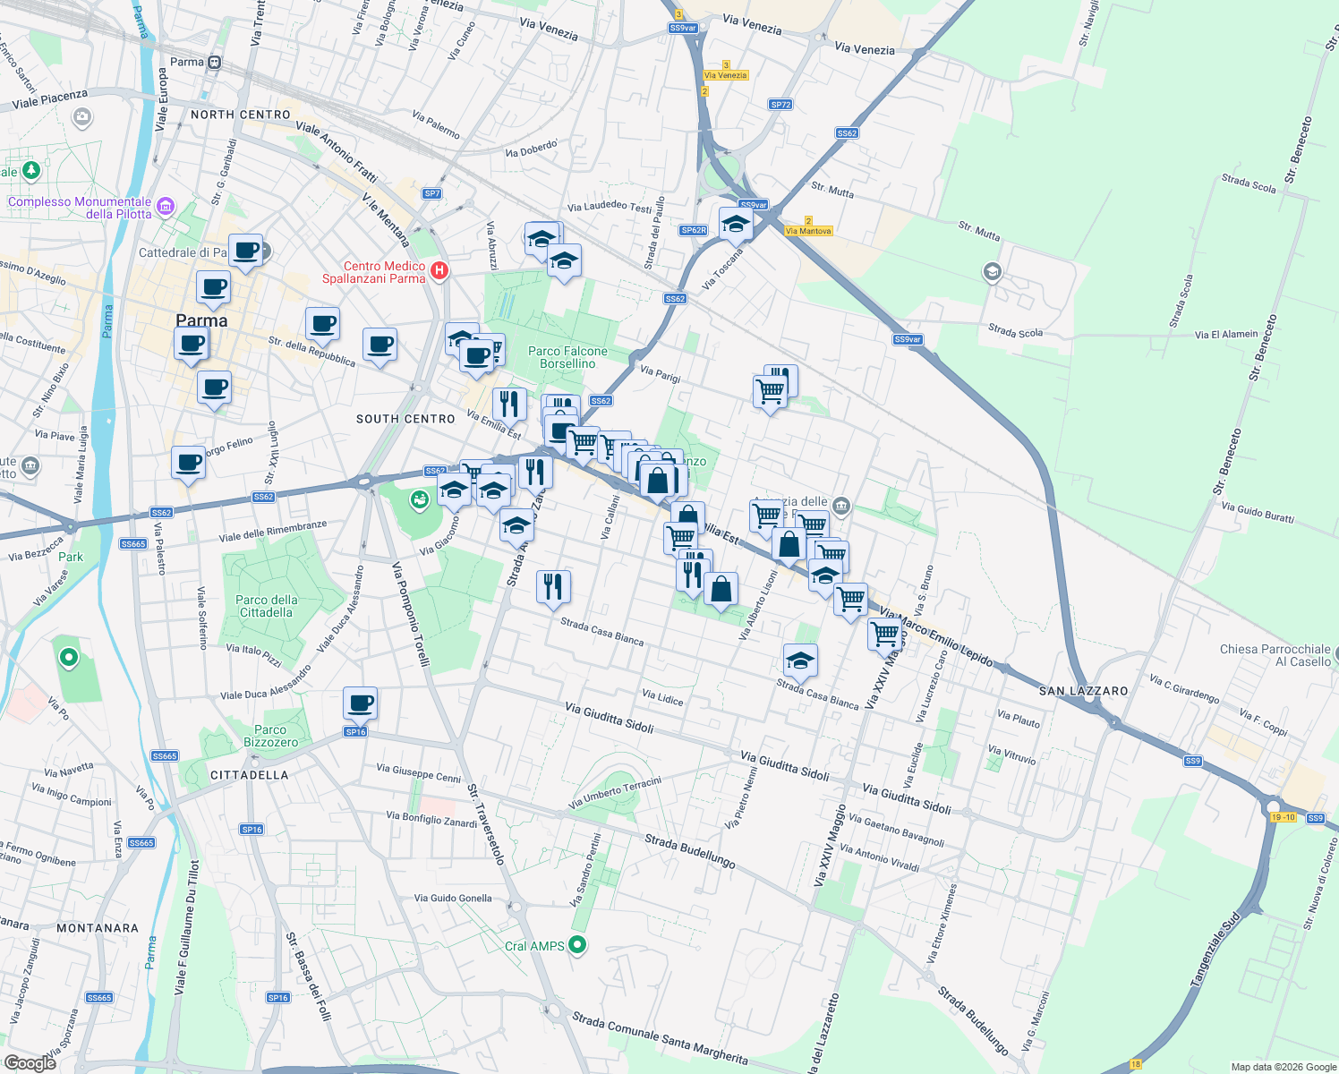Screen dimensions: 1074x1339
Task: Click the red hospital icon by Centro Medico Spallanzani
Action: (x=439, y=270)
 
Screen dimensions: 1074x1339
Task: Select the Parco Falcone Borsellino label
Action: (x=567, y=357)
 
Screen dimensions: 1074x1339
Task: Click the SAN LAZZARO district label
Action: (x=1083, y=691)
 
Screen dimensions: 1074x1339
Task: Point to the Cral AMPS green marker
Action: (x=577, y=944)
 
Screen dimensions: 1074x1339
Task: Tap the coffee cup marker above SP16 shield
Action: (x=360, y=703)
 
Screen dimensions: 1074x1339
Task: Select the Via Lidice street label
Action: (x=662, y=697)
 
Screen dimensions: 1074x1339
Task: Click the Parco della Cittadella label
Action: (x=266, y=606)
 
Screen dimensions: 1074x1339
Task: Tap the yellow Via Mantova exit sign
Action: (x=808, y=231)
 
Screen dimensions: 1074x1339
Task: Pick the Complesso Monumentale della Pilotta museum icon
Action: (x=165, y=208)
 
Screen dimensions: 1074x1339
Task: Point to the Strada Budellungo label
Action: (x=689, y=851)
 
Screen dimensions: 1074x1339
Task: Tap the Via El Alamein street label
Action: (x=1225, y=335)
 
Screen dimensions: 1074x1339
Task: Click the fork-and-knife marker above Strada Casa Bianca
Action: (x=553, y=586)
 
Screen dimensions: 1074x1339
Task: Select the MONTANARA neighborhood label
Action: (x=98, y=928)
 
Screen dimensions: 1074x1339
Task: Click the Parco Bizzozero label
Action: (x=270, y=736)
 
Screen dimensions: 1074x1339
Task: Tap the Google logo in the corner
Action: (x=30, y=1062)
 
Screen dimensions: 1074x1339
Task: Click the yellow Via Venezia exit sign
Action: (x=725, y=75)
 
